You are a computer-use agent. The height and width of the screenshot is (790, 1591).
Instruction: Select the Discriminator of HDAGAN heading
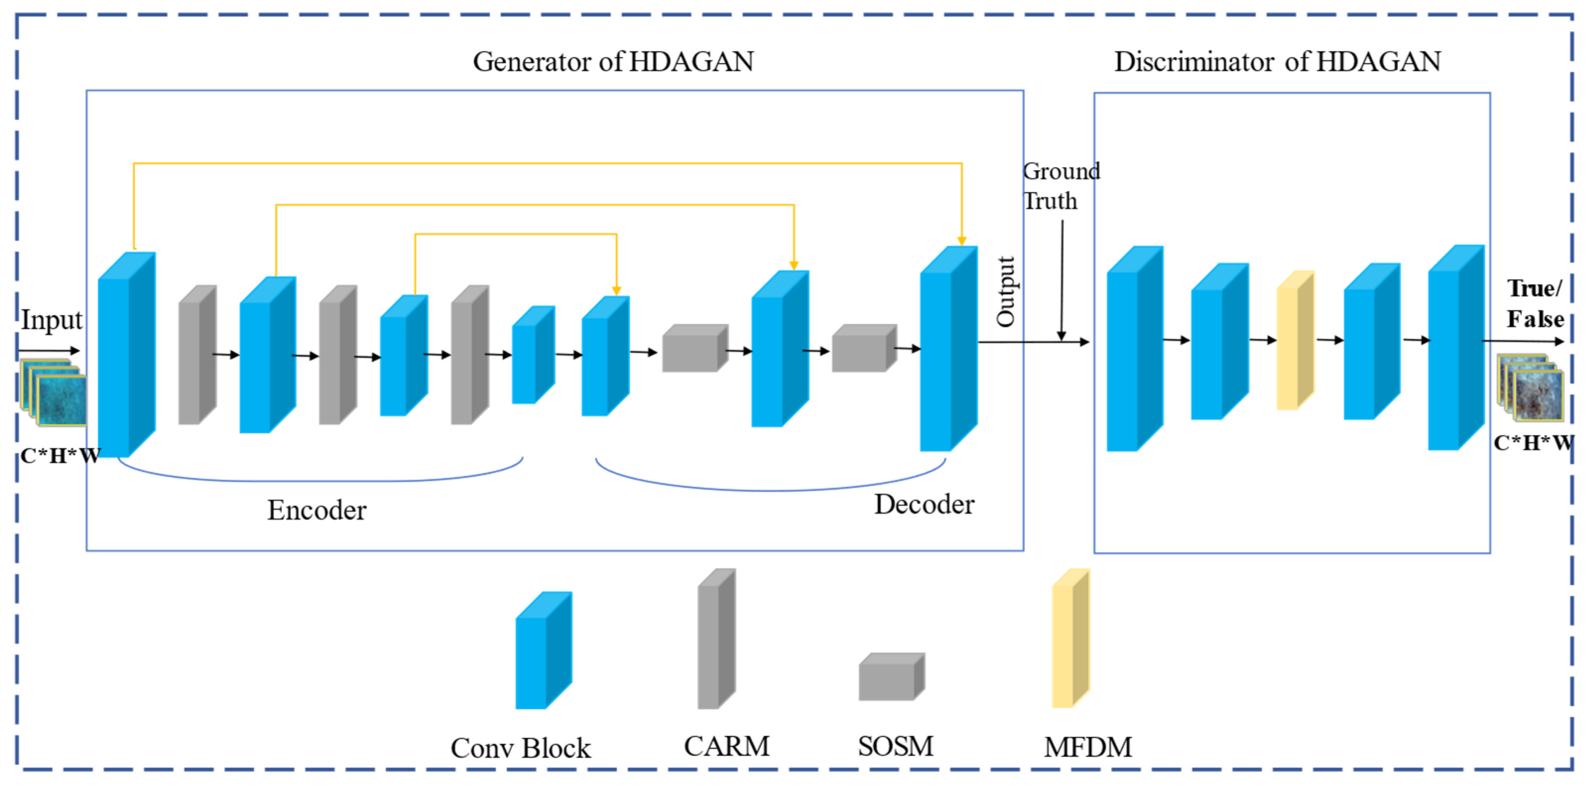coord(1277,62)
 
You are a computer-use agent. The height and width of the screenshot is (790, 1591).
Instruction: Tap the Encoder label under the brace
coord(316,510)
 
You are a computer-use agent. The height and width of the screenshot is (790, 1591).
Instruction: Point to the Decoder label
coord(924,505)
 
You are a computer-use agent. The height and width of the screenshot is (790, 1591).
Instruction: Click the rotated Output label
coord(1005,292)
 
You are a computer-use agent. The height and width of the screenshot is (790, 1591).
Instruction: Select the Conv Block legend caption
coord(520,748)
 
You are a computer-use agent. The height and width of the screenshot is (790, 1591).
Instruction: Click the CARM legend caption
coord(727,746)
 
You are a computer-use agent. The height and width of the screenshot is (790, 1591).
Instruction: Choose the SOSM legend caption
coord(896,746)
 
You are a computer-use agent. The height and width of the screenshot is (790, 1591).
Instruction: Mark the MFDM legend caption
coord(1088,747)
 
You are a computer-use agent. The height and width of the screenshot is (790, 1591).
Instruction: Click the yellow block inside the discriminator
coord(1294,340)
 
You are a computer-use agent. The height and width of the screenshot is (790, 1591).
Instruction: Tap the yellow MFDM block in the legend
coord(1070,638)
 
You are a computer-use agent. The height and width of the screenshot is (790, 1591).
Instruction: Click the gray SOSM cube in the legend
coord(891,677)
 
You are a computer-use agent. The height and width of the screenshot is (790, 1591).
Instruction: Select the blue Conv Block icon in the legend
coord(543,651)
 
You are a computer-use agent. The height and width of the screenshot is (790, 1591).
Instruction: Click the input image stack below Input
coord(54,393)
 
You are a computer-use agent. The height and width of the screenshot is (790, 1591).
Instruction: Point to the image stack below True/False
coord(1530,388)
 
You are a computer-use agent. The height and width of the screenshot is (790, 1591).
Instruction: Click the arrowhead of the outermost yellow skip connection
coord(962,241)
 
